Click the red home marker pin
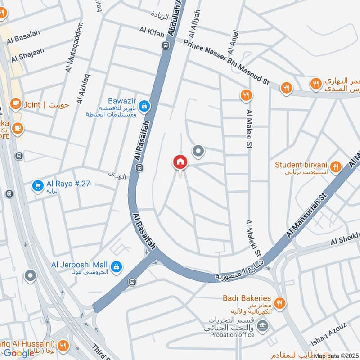[180, 162]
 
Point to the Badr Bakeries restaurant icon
[280, 303]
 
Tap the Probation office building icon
[264, 324]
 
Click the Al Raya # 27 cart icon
[37, 185]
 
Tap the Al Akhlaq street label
[82, 89]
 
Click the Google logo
[19, 353]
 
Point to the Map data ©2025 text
[336, 356]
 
